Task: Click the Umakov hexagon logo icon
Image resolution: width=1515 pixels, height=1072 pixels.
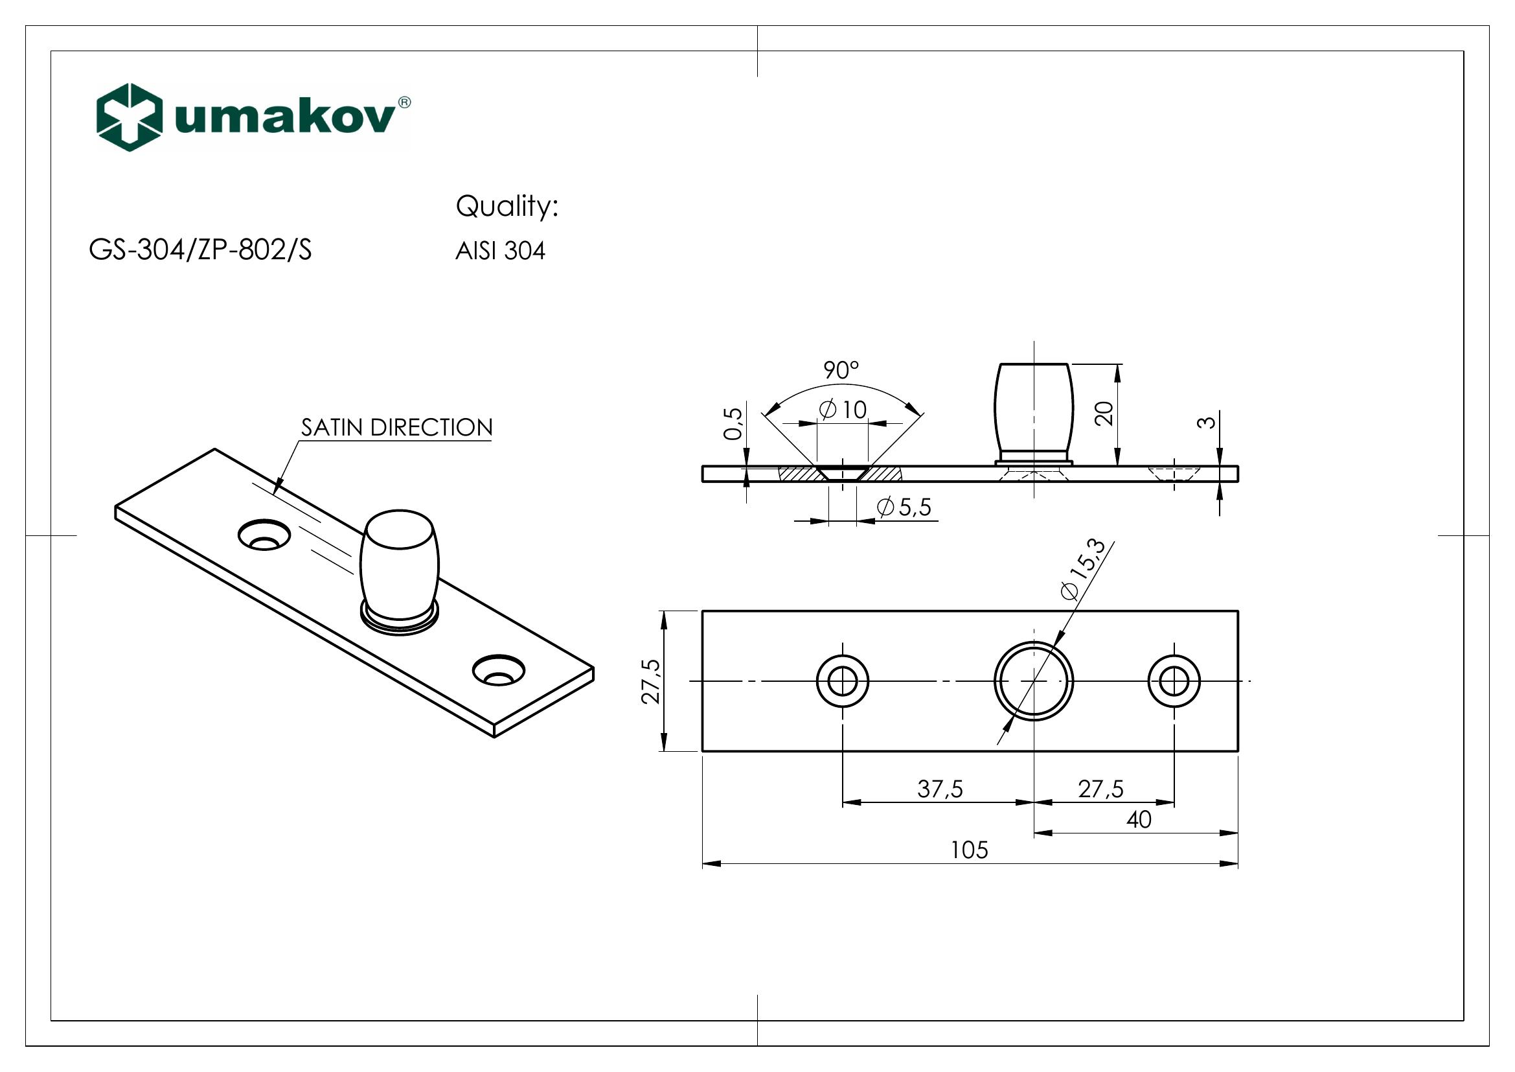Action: [x=130, y=117]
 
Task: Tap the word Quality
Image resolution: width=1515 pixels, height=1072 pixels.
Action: [x=507, y=207]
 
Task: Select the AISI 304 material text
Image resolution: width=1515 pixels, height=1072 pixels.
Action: [x=500, y=251]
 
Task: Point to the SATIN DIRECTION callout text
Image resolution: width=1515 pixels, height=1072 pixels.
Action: [x=396, y=428]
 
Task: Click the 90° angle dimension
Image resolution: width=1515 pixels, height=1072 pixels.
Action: [x=841, y=371]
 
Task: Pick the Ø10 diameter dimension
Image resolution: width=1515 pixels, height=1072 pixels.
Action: [x=843, y=410]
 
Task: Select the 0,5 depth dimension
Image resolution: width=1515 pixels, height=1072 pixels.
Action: [x=733, y=424]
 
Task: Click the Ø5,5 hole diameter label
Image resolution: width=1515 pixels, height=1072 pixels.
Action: [x=904, y=507]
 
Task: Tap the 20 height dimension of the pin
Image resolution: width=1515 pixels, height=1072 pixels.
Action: [x=1104, y=414]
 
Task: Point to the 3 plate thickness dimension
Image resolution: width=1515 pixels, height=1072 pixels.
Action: [x=1206, y=421]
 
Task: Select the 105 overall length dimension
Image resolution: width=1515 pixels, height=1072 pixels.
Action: [x=970, y=850]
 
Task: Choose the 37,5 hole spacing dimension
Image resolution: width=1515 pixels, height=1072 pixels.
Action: [x=940, y=789]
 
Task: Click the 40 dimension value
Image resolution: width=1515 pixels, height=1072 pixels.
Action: [x=1139, y=820]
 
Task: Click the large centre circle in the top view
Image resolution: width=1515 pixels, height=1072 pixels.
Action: [x=1033, y=681]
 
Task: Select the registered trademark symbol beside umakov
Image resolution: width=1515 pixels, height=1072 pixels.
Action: [x=404, y=102]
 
